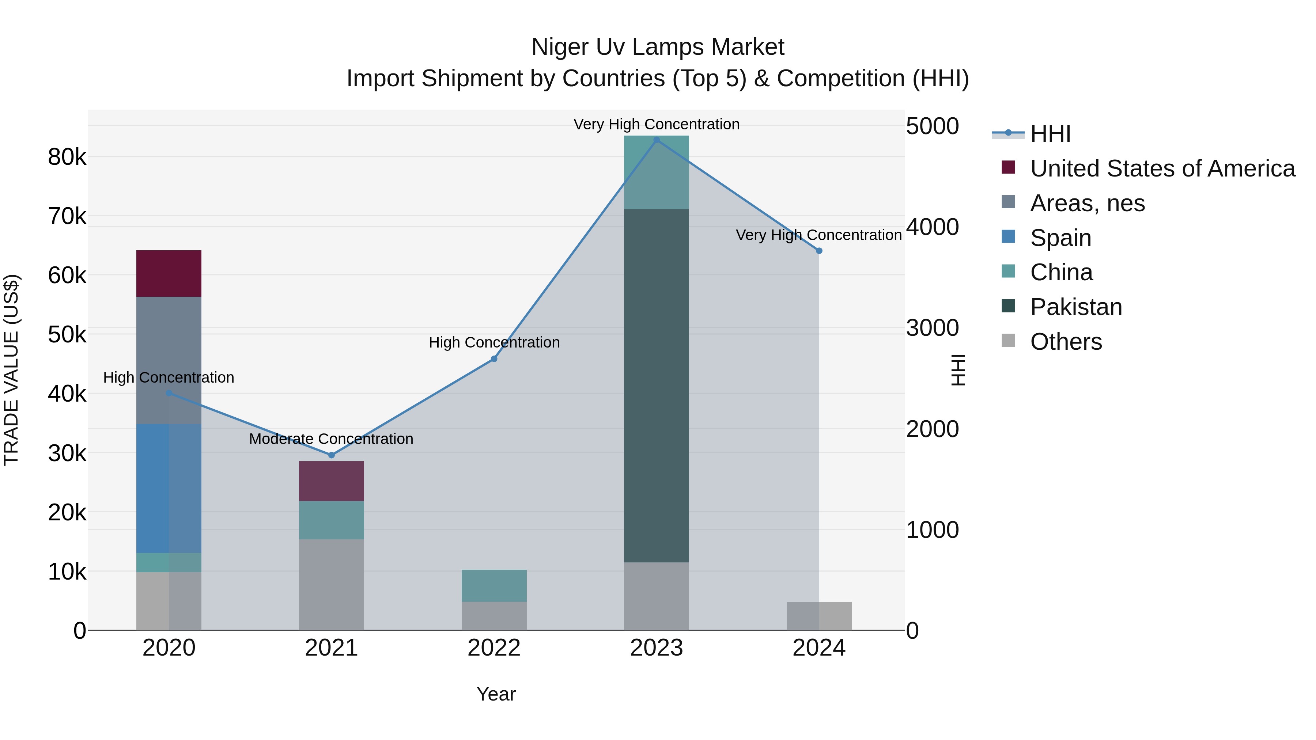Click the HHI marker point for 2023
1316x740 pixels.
click(657, 140)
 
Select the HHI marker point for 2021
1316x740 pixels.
click(332, 455)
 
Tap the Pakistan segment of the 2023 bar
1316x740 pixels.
click(657, 386)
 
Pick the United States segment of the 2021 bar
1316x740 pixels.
click(332, 481)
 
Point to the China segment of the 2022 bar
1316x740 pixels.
click(494, 585)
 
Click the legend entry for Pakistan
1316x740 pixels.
click(1075, 307)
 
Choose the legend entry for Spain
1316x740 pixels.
click(1060, 238)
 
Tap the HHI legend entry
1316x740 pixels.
click(1050, 134)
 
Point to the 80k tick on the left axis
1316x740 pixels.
click(67, 157)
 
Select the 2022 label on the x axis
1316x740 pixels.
click(494, 648)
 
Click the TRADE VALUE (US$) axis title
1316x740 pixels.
click(11, 370)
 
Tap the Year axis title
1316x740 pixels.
click(496, 694)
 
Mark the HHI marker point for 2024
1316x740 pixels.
click(819, 251)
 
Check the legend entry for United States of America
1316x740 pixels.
click(1162, 168)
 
